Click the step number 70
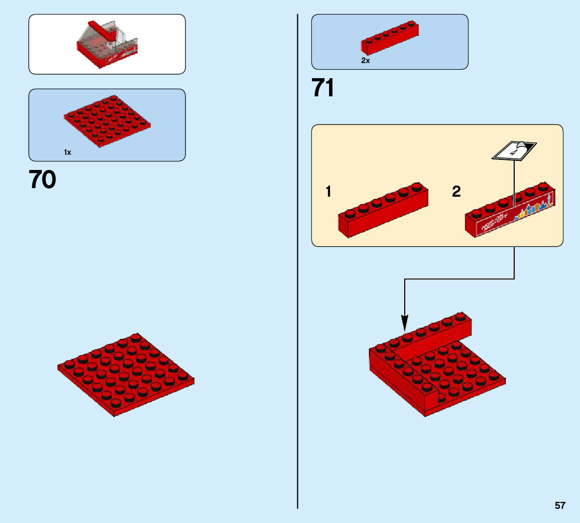point(42,180)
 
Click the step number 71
point(323,89)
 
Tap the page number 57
point(560,505)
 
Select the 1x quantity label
point(68,152)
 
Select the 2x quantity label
point(365,61)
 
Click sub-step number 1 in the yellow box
point(329,192)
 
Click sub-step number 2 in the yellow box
point(456,192)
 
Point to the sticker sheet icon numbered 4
point(514,150)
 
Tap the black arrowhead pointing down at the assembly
point(405,322)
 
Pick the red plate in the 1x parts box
point(107,121)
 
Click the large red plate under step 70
point(126,374)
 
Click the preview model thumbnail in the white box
point(107,44)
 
